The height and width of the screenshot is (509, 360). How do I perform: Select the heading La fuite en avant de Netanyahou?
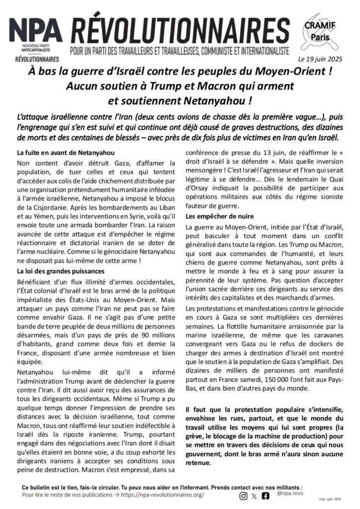tap(61, 152)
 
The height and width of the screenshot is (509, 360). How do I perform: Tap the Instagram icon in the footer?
tap(243, 496)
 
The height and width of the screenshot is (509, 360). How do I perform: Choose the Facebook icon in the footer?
tap(266, 496)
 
